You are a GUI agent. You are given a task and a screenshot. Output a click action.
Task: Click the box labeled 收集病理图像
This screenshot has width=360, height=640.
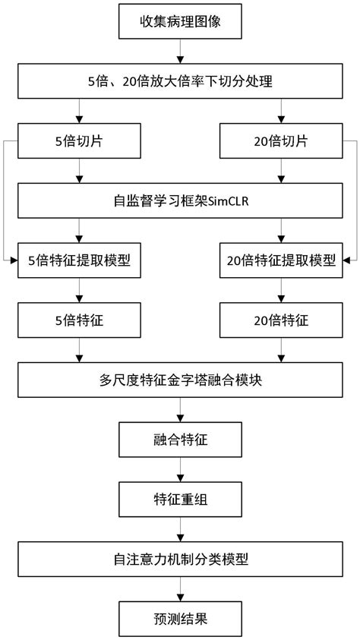(180, 22)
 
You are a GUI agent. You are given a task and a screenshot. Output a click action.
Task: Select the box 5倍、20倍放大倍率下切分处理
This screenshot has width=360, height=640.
(180, 81)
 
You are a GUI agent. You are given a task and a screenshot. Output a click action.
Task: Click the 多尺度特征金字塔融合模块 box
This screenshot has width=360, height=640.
(180, 380)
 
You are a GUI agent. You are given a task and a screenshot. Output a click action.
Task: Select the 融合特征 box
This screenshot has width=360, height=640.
(180, 439)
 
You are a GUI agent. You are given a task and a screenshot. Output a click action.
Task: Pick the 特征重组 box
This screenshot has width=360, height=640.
(180, 499)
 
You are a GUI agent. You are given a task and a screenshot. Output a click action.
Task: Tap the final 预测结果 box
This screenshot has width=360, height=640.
(180, 618)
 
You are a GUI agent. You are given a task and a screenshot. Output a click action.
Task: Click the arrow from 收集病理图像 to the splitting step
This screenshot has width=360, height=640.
(180, 52)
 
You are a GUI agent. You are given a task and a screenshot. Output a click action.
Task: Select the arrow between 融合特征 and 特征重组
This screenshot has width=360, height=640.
(180, 469)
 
